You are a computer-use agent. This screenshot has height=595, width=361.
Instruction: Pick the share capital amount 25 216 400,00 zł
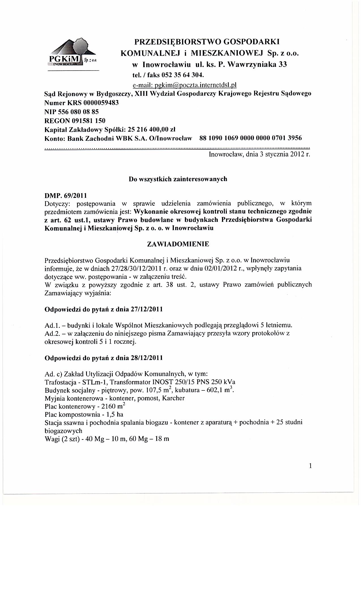152,129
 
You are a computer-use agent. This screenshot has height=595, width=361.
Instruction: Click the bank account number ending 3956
251,138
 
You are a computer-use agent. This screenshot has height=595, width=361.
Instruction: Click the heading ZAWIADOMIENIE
178,244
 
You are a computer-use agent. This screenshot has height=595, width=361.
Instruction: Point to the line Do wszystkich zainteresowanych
178,179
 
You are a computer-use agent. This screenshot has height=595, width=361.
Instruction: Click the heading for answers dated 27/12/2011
104,309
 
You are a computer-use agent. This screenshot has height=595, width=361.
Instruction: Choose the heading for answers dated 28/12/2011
104,358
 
